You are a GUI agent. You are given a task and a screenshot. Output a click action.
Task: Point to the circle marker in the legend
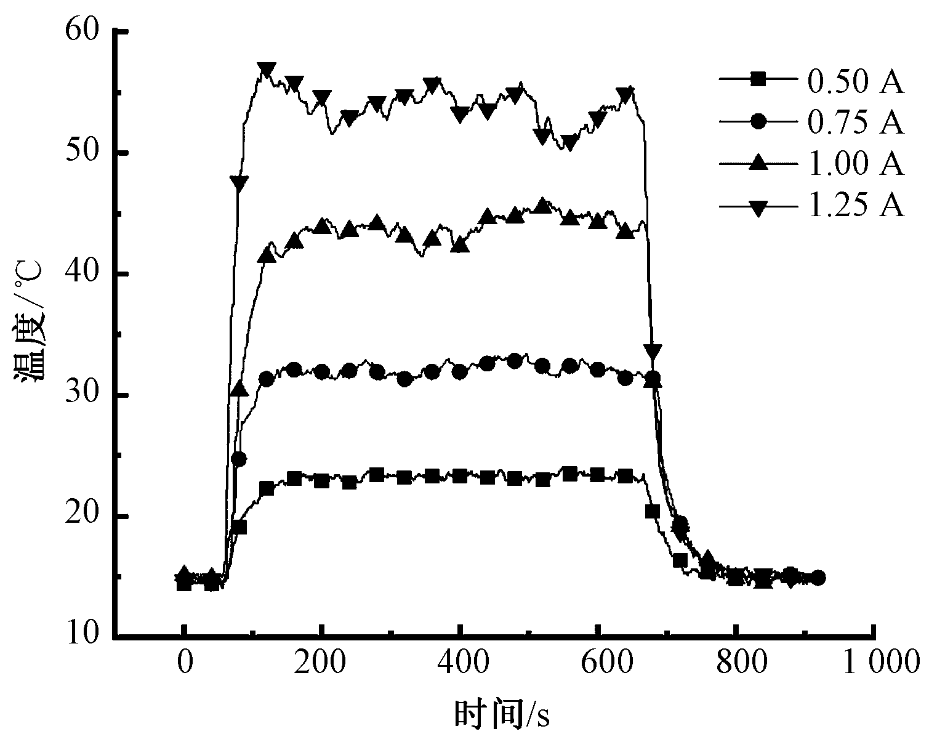pyautogui.click(x=758, y=121)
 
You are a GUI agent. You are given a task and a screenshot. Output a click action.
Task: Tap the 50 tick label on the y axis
pyautogui.click(x=82, y=152)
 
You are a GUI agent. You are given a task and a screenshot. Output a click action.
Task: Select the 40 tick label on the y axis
pyautogui.click(x=82, y=273)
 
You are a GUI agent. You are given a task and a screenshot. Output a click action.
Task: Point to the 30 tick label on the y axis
pyautogui.click(x=82, y=395)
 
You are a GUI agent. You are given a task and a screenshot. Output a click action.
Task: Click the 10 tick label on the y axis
pyautogui.click(x=82, y=634)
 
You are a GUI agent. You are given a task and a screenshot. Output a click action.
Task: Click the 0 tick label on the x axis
pyautogui.click(x=183, y=663)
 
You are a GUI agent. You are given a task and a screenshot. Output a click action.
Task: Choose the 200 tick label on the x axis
pyautogui.click(x=321, y=663)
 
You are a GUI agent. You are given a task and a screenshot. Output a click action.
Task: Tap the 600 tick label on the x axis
pyautogui.click(x=597, y=663)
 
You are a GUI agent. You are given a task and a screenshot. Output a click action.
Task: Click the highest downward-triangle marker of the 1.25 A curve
pyautogui.click(x=267, y=69)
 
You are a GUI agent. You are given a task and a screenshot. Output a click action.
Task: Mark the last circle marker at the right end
pyautogui.click(x=818, y=578)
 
